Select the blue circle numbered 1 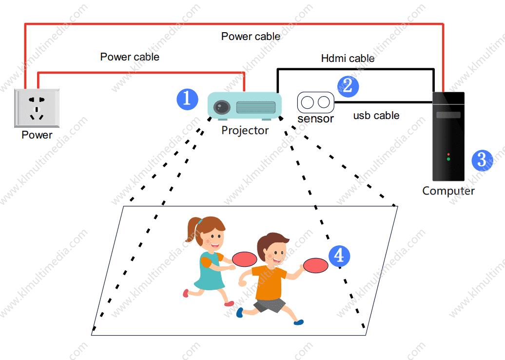point(187,99)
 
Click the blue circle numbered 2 point(348,86)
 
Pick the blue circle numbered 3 point(482,160)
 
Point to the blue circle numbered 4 point(339,256)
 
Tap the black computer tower point(448,137)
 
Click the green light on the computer point(448,160)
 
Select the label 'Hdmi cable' point(348,59)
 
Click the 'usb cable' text point(376,116)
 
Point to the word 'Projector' point(245,130)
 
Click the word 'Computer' point(448,191)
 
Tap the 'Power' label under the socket point(37,135)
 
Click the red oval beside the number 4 point(315,265)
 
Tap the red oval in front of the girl point(244,259)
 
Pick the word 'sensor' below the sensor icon point(315,119)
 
